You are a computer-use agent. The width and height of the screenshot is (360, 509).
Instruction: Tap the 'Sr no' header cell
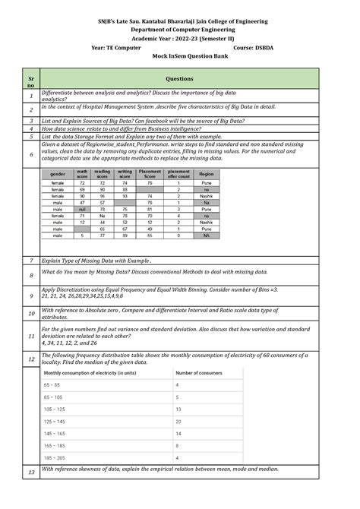point(31,79)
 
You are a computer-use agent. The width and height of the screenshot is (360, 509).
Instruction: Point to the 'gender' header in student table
point(57,175)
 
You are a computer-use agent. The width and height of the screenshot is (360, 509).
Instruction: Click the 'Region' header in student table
point(207,175)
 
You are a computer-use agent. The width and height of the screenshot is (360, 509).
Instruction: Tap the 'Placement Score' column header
point(150,175)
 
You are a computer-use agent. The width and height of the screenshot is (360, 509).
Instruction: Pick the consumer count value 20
point(178,421)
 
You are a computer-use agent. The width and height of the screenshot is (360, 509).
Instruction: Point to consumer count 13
point(178,409)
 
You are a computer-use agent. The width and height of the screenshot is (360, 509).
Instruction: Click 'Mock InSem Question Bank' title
point(180,56)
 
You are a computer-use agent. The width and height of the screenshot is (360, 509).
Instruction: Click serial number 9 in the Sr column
point(31,296)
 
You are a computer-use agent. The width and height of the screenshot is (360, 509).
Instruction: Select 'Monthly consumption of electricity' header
point(90,373)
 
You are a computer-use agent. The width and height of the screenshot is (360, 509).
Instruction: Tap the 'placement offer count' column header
point(178,175)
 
